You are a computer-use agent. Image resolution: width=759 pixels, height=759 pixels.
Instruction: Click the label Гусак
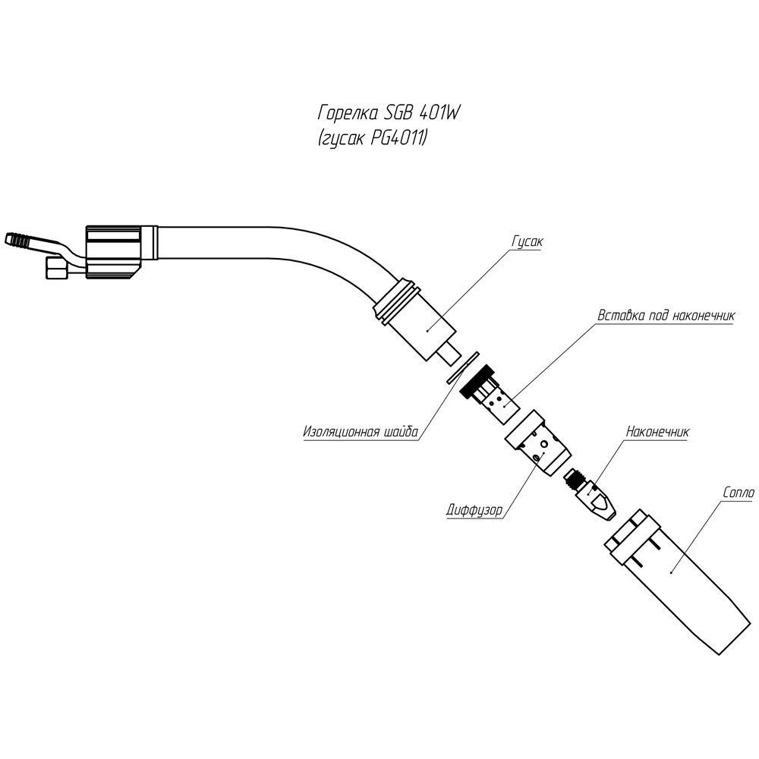point(528,242)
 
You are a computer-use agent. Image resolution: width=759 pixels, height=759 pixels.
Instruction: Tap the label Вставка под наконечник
point(666,316)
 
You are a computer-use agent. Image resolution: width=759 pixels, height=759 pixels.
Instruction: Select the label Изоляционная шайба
point(360,433)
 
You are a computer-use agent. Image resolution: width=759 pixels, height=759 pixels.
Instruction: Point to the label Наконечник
point(657,432)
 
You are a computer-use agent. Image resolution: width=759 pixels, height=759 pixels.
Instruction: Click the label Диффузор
point(474,510)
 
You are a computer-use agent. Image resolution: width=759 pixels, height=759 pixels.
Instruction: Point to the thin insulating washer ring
point(463,367)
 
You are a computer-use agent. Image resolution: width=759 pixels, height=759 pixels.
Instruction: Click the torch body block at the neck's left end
point(114,252)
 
